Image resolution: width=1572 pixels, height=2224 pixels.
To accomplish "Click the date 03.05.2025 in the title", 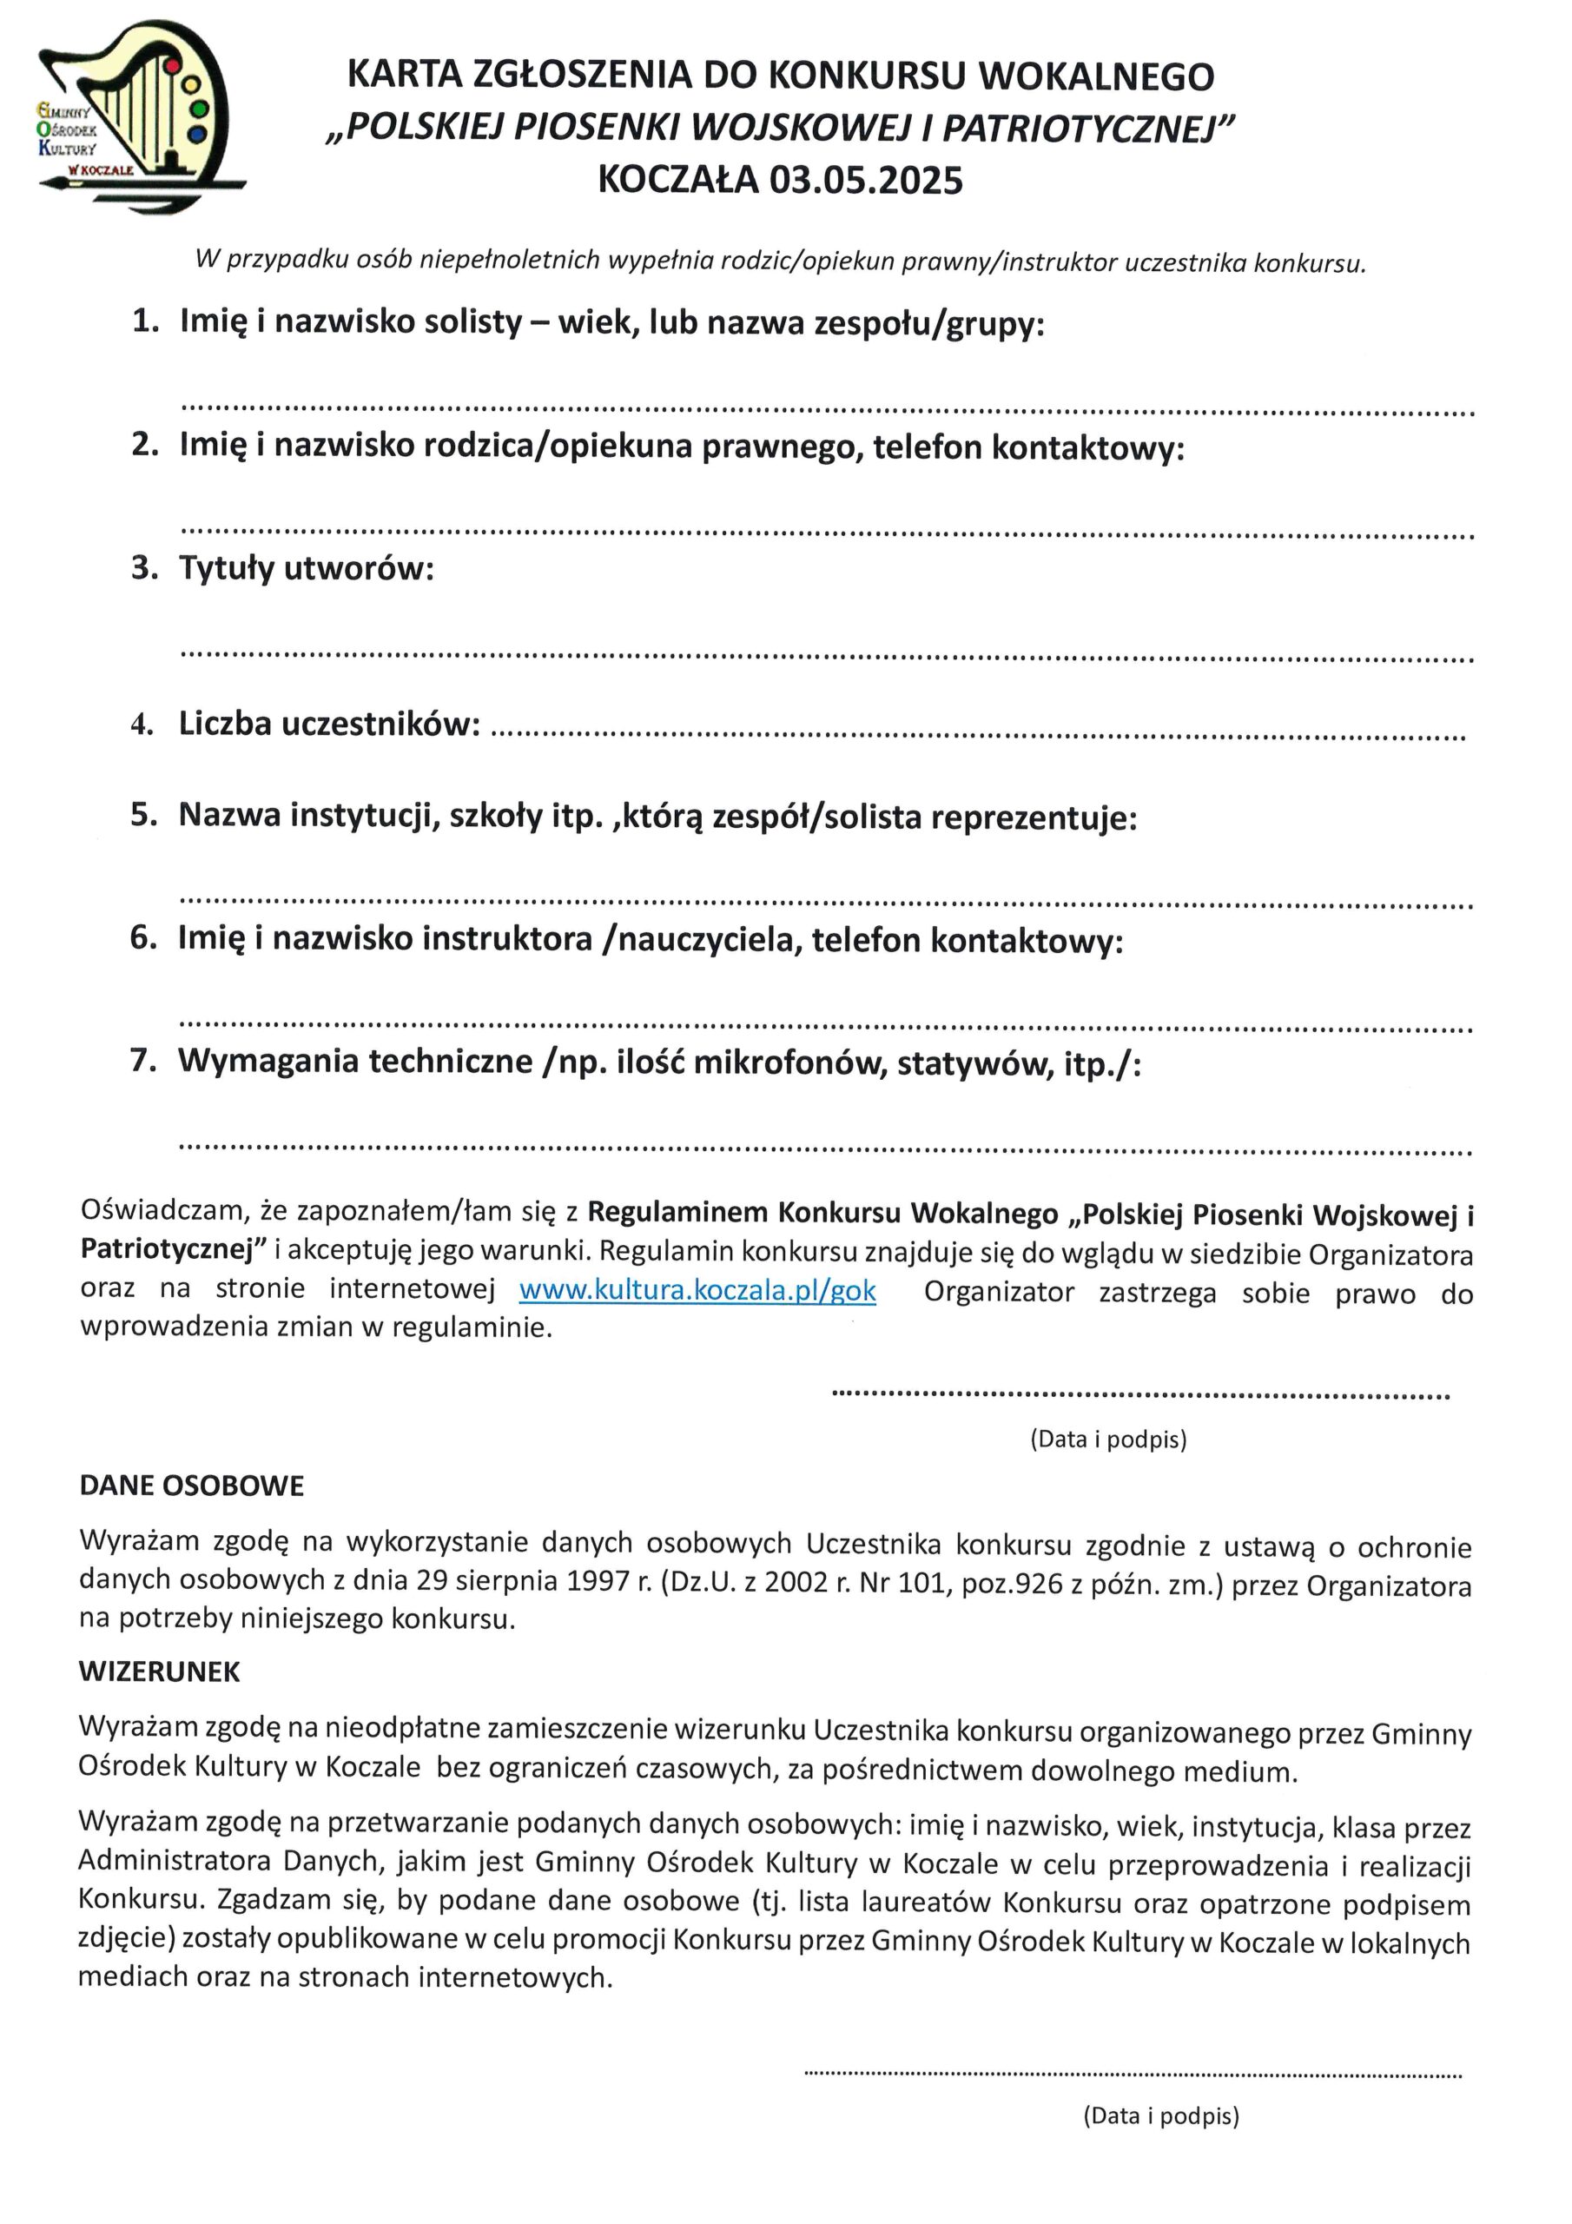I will tap(866, 182).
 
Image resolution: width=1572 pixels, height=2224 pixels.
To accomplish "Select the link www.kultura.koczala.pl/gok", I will tap(697, 1291).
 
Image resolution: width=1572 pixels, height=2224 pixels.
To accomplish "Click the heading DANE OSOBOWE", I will tap(192, 1486).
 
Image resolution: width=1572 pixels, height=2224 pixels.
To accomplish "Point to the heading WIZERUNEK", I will tap(160, 1671).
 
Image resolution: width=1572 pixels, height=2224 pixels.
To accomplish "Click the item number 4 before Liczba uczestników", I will tap(142, 725).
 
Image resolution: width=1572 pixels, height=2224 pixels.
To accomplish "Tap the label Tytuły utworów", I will tap(306, 568).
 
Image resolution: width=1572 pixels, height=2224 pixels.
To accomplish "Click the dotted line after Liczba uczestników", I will tap(978, 736).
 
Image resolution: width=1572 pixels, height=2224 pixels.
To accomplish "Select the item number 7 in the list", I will tap(142, 1062).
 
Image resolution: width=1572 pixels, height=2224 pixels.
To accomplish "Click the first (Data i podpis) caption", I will tap(1108, 1440).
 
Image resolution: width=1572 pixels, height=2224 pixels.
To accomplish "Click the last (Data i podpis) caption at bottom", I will tap(1160, 2115).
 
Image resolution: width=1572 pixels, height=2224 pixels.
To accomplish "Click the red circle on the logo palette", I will tap(173, 65).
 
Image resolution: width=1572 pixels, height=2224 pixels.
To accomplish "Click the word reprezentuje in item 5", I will tap(1034, 818).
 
